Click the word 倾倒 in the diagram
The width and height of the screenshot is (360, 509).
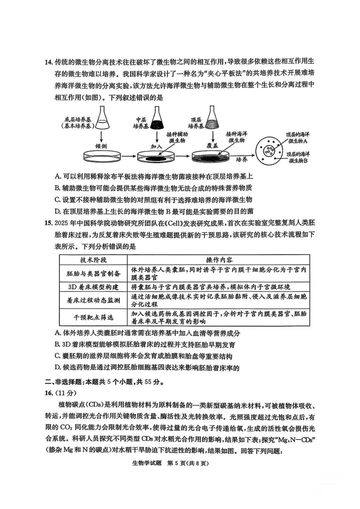click(101, 146)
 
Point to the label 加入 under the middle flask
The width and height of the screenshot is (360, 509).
click(156, 146)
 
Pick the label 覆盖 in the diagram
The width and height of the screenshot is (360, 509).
click(212, 146)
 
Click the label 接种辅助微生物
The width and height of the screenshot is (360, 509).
click(177, 137)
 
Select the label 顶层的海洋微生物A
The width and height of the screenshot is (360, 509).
click(298, 138)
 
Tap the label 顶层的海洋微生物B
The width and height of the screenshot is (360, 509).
click(298, 157)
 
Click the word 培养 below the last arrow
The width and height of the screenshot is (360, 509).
click(242, 160)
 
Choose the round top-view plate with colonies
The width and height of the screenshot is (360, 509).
click(268, 152)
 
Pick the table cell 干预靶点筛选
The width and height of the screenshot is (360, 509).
click(93, 317)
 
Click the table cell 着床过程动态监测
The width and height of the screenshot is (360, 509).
click(93, 300)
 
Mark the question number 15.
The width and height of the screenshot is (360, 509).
click(49, 223)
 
